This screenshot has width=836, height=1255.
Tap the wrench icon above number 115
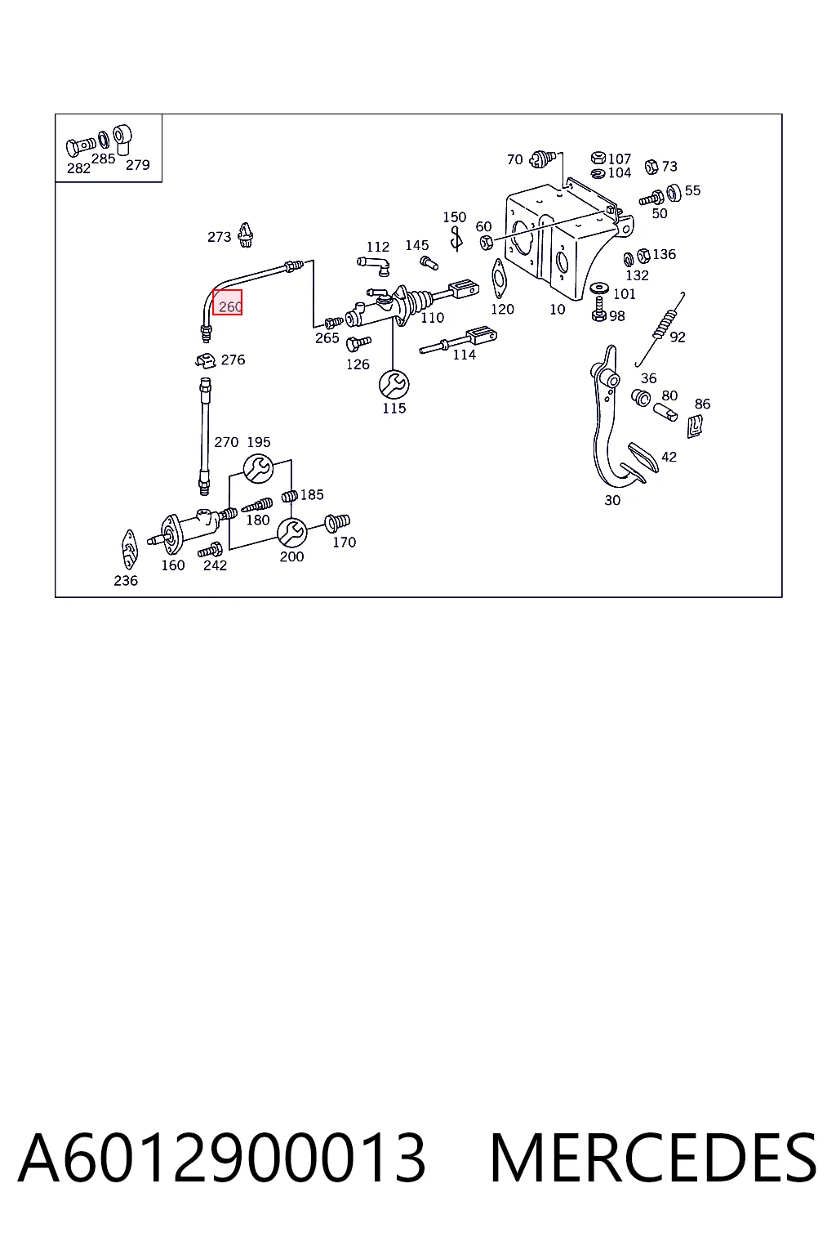point(394,384)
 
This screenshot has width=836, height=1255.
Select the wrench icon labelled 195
point(258,468)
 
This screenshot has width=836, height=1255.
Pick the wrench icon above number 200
point(291,532)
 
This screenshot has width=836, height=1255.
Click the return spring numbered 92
point(660,328)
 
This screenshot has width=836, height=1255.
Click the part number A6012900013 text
point(222,1158)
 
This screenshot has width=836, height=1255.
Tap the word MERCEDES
point(653,1158)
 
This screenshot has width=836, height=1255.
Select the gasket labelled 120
point(498,279)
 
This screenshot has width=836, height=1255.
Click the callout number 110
point(432,318)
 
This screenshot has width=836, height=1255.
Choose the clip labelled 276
point(206,360)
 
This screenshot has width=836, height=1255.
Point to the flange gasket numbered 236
point(129,550)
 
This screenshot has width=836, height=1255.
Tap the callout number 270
point(226,442)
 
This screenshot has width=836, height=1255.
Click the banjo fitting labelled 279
point(122,139)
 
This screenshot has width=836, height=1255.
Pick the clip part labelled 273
point(246,235)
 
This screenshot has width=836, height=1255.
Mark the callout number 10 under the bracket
point(557,310)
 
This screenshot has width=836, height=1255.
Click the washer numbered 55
point(674,193)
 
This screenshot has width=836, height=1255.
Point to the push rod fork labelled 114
point(458,342)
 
